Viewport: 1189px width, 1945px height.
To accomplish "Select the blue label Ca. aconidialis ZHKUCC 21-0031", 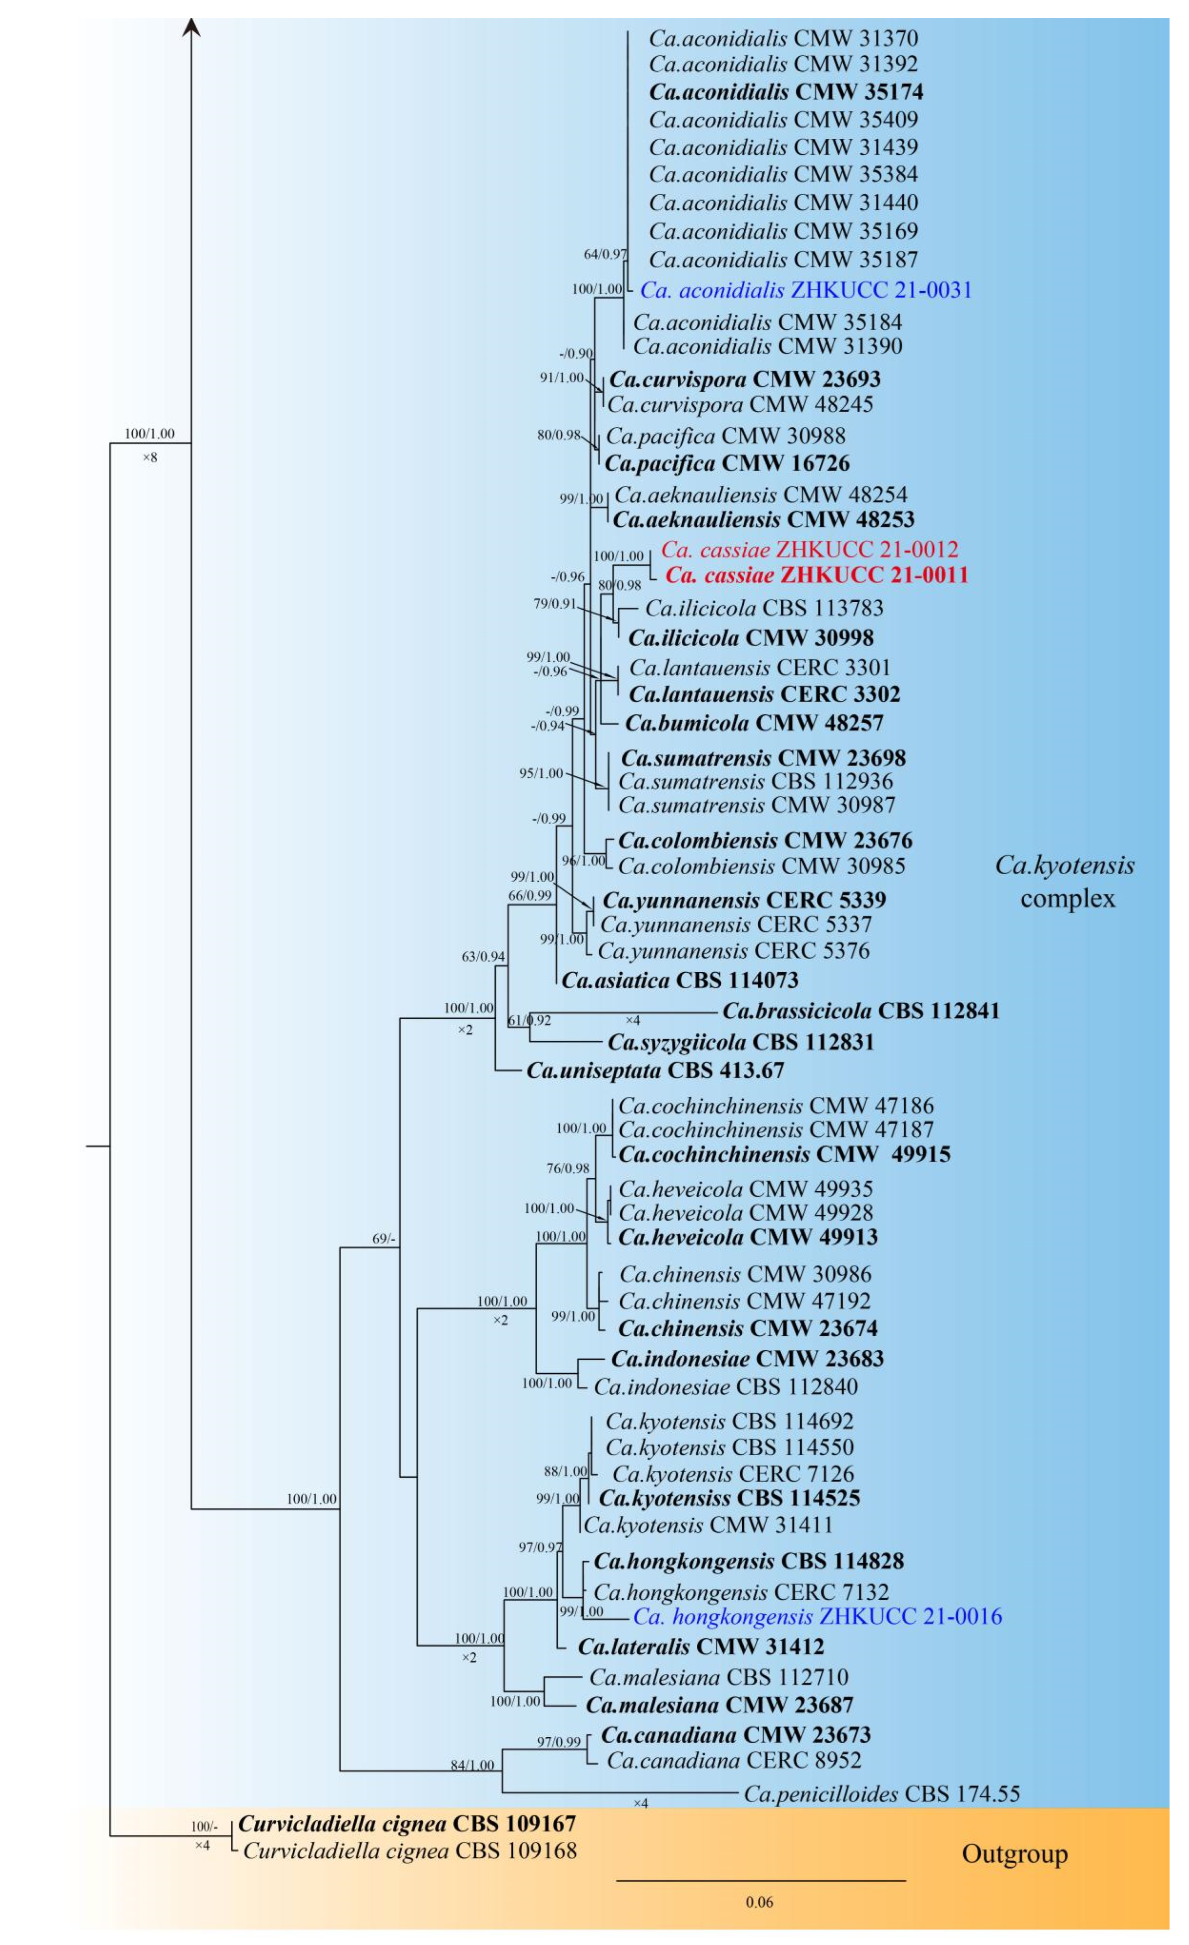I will coord(805,290).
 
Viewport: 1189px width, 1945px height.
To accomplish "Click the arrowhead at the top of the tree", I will coord(191,29).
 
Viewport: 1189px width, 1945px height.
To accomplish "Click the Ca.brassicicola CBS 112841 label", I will coord(861,1011).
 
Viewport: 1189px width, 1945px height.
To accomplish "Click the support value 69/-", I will coord(384,1239).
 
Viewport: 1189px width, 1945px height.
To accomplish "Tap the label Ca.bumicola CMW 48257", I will coord(754,723).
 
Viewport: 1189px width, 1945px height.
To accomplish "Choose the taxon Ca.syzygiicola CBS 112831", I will coord(740,1042).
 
